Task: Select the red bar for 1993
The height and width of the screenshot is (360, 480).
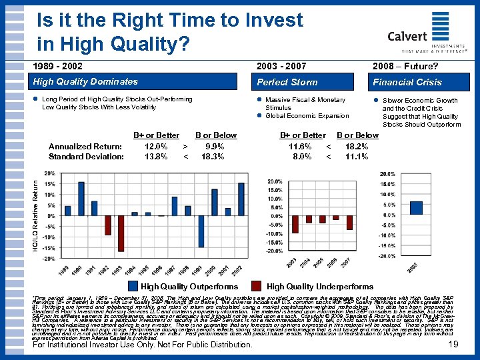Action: click(121, 233)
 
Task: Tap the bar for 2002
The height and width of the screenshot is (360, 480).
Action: click(241, 199)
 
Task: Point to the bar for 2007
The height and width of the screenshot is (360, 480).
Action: click(349, 222)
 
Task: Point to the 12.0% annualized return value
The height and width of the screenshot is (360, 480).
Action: click(156, 146)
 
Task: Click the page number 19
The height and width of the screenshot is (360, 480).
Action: click(453, 345)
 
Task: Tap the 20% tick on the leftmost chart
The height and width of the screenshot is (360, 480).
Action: click(49, 173)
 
